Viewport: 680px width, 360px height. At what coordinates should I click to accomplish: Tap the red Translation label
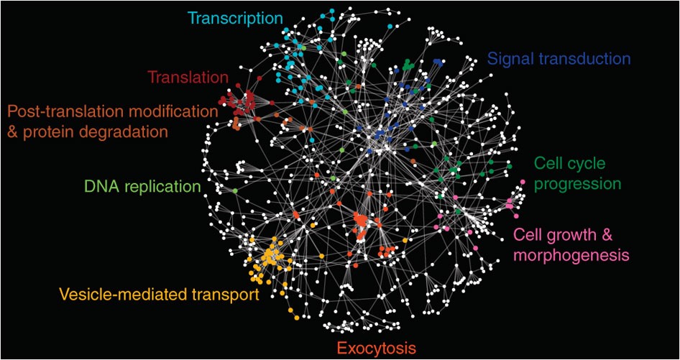click(x=188, y=75)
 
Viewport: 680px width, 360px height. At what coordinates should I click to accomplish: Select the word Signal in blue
click(x=507, y=58)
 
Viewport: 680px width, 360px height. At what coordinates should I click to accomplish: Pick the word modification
click(x=173, y=112)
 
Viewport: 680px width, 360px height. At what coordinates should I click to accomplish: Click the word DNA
click(x=100, y=188)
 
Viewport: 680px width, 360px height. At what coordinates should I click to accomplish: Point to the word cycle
click(x=584, y=164)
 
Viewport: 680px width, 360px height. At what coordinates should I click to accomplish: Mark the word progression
click(x=579, y=184)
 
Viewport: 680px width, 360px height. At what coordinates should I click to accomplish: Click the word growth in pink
click(x=574, y=234)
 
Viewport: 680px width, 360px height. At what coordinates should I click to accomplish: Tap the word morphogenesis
click(x=571, y=254)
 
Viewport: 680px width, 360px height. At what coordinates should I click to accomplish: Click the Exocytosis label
click(x=376, y=349)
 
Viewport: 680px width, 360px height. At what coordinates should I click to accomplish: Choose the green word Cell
click(x=548, y=164)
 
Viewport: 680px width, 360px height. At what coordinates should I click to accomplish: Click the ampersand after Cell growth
click(x=612, y=234)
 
